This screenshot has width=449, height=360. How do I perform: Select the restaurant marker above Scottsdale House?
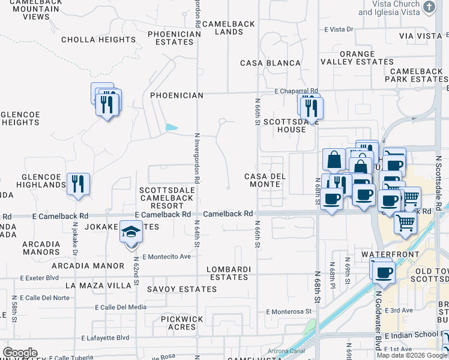coord(311,107)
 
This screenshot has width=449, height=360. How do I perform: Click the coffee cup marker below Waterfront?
coord(383,272)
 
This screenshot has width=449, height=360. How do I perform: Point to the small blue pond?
coord(171,127)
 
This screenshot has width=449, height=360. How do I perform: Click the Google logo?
coord(20,353)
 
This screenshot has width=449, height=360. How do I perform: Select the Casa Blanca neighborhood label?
coord(270,63)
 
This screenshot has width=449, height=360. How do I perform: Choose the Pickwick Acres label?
coord(182,323)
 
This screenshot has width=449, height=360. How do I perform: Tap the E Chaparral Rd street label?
coord(296,91)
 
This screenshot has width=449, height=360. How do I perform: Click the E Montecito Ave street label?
coord(166,256)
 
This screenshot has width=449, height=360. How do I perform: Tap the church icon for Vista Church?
coord(429,7)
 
